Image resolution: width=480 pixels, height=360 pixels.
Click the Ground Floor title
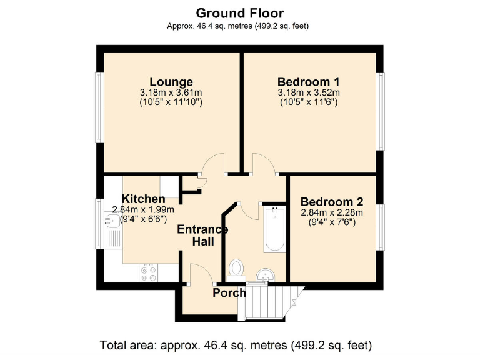[240, 13]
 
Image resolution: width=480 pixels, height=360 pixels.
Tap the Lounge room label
[171, 82]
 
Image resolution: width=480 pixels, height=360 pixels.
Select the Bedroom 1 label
[309, 82]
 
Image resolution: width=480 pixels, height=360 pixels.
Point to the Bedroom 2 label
[331, 202]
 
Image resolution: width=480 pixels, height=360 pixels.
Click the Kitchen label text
[143, 199]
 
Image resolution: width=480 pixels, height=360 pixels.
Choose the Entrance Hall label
[202, 236]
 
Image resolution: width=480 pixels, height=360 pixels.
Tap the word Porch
[229, 292]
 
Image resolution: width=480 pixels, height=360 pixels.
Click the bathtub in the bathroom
[274, 228]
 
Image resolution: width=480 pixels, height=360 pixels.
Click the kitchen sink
[112, 221]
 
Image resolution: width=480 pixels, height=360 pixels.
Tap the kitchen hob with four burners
[149, 272]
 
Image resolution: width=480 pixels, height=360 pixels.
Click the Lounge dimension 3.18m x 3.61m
[171, 92]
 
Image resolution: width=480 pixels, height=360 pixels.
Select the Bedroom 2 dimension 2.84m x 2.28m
[331, 212]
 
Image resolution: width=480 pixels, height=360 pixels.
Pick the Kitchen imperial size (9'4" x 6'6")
[143, 219]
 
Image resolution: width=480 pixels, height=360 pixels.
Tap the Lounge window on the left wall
[99, 107]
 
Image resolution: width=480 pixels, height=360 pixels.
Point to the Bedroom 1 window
[381, 111]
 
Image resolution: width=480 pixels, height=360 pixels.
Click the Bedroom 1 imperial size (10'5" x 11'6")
[309, 102]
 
